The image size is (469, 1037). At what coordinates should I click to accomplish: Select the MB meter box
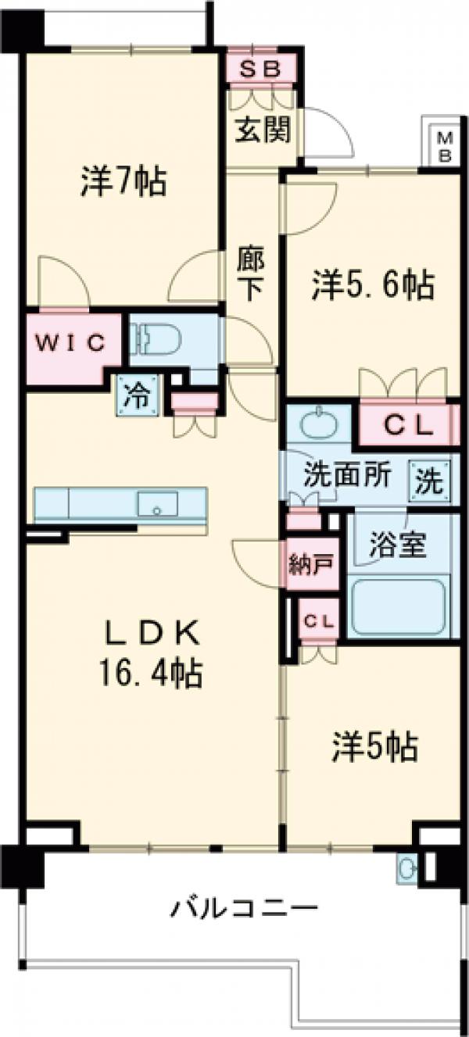pos(444,145)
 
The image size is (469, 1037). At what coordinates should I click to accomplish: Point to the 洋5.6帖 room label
pos(374,286)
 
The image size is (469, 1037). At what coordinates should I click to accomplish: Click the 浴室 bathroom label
pos(398,545)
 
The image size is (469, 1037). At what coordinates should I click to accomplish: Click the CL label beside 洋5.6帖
pos(406,424)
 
